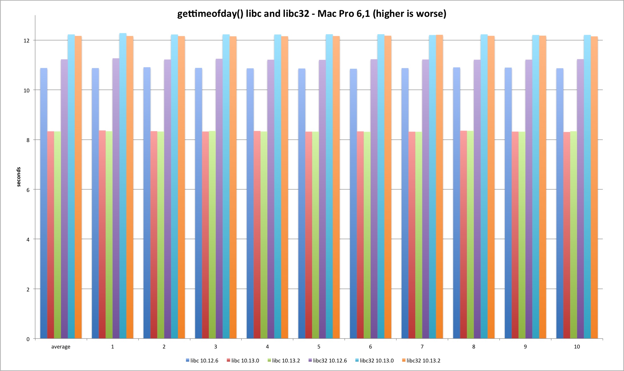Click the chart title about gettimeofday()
(x=312, y=14)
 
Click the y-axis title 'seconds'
(x=19, y=177)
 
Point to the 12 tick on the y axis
(x=27, y=40)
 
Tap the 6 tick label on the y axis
(x=28, y=190)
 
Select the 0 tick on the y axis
(x=28, y=339)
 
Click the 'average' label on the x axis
(x=61, y=347)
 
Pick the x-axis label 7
(x=422, y=347)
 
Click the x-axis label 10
(x=577, y=347)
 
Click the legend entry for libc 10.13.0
(x=243, y=361)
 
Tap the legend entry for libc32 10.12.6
(x=328, y=361)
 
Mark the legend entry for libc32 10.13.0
(x=374, y=361)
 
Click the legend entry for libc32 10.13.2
(x=421, y=361)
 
